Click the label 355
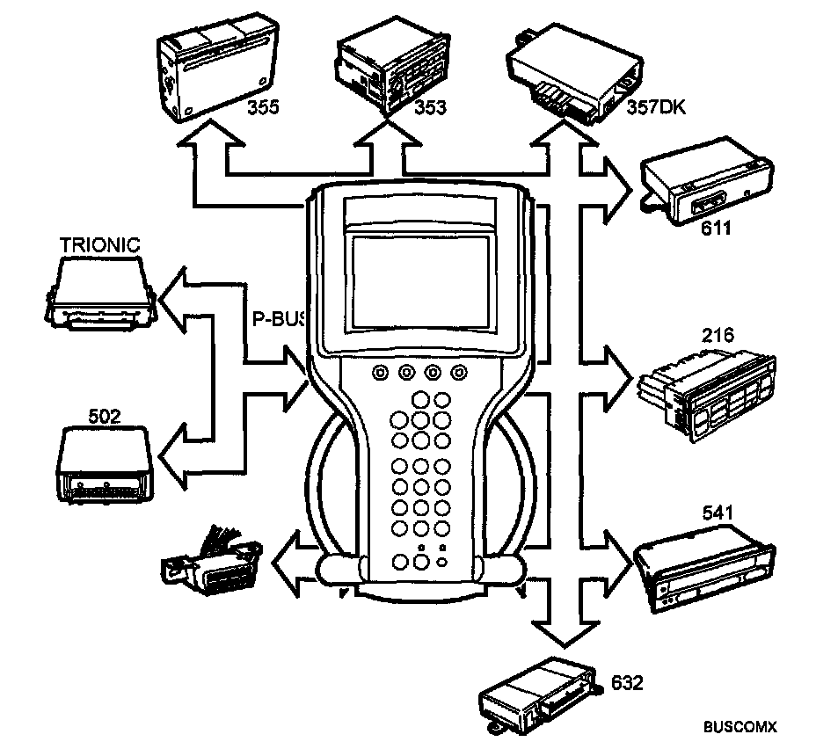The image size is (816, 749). click(262, 108)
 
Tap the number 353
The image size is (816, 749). click(430, 108)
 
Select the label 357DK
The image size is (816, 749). click(656, 108)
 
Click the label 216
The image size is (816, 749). click(718, 335)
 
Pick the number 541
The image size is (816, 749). click(718, 512)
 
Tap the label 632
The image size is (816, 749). click(627, 682)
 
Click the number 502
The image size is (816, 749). click(105, 412)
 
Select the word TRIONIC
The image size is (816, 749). click(99, 244)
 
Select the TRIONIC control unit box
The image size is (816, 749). click(98, 290)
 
